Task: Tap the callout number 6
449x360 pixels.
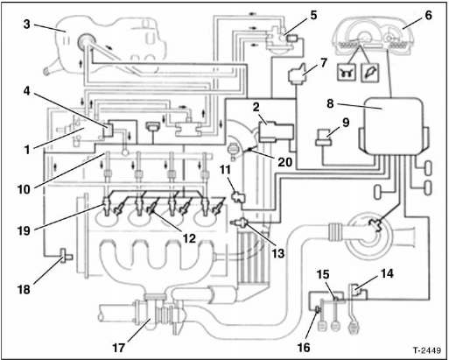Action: click(428, 15)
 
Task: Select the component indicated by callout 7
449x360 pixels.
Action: click(299, 75)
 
